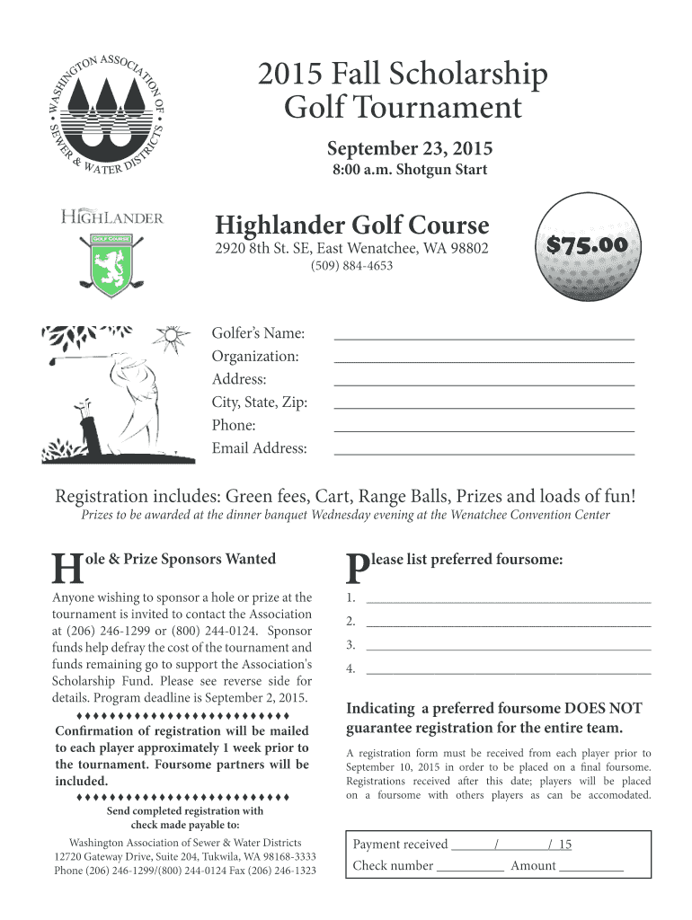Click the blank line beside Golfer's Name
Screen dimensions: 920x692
coord(484,337)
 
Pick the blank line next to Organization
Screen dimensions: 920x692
coord(484,359)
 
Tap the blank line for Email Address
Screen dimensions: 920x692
coord(484,452)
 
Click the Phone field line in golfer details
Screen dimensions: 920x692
coord(484,429)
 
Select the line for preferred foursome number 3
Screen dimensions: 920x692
coord(508,647)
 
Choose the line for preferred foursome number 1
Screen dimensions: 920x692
coord(508,599)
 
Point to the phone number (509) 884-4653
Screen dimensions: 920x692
coord(351,266)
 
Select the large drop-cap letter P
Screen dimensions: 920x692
coord(357,568)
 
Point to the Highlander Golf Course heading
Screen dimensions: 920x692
coord(351,225)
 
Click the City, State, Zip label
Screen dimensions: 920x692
coord(260,402)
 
